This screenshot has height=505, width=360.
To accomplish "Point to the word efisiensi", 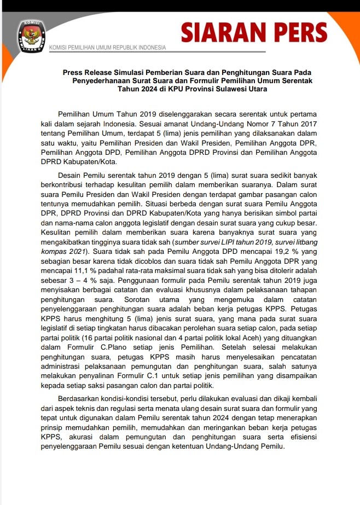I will point(300,437).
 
